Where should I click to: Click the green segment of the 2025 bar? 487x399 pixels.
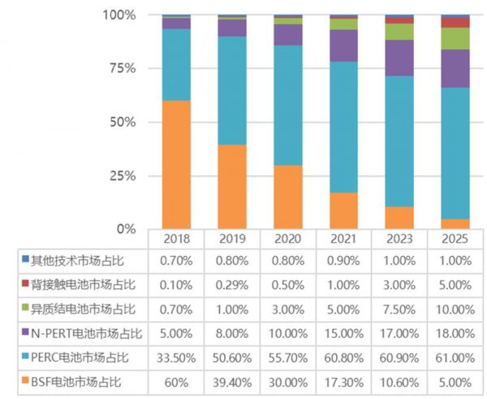pos(455,38)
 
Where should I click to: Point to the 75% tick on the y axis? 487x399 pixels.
pos(123,68)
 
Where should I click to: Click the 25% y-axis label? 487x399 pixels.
pos(123,176)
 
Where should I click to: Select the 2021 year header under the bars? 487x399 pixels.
pos(343,240)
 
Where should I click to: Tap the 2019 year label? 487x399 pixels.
pos(231,240)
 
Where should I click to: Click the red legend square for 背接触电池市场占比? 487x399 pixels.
pos(25,284)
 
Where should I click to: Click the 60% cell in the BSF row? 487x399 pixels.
pos(176,382)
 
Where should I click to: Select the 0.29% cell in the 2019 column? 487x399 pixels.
pos(231,284)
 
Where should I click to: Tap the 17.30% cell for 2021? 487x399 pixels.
pos(343,382)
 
